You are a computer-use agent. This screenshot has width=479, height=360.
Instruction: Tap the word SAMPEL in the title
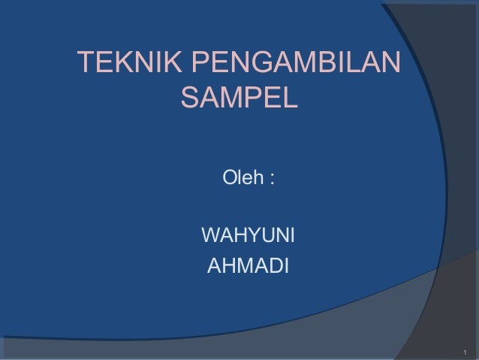pos(240,98)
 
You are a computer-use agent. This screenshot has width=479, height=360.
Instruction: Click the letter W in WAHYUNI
pos(212,238)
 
